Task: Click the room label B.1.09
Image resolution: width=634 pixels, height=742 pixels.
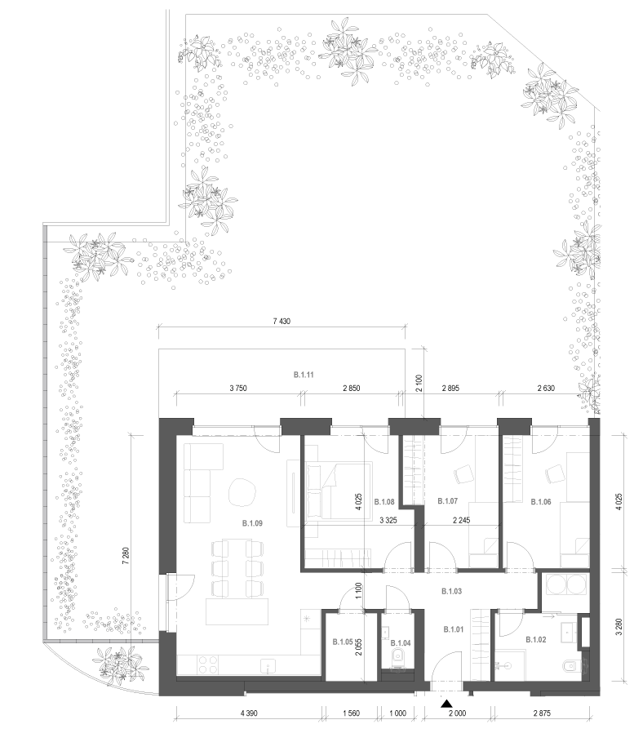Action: tap(252, 523)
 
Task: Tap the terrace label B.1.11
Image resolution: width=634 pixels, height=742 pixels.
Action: tap(304, 375)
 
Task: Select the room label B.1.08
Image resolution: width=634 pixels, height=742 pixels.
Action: tap(384, 502)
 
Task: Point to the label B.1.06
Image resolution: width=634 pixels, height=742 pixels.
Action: tap(541, 502)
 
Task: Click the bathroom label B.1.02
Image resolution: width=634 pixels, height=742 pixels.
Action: tap(536, 640)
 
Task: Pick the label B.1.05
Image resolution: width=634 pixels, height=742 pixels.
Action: tap(343, 642)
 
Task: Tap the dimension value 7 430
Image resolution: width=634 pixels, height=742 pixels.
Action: tap(282, 322)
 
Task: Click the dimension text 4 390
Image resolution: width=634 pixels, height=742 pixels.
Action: tap(249, 713)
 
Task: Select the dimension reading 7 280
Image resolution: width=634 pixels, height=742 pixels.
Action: tap(126, 556)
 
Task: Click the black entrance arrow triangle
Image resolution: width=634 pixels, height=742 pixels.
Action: tap(446, 704)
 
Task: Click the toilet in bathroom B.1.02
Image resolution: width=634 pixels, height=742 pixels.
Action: tap(571, 667)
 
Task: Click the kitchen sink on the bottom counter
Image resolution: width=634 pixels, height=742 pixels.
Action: tap(268, 665)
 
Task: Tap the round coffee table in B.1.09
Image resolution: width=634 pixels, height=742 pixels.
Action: tap(242, 492)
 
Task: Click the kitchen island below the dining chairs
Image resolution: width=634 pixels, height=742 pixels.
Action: tap(237, 612)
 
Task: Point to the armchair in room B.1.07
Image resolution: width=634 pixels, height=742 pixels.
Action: tap(463, 474)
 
